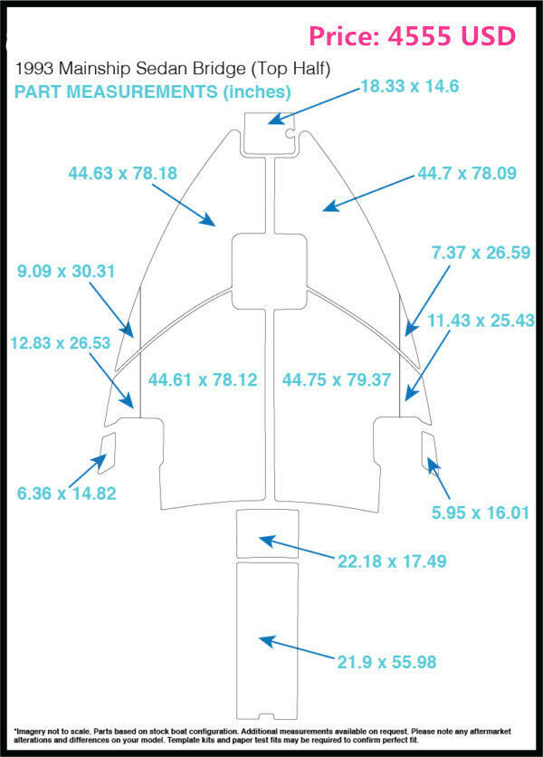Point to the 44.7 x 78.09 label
[x=467, y=173]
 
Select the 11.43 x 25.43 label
[x=481, y=321]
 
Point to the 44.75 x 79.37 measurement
[x=338, y=379]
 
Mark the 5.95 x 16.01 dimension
[x=479, y=513]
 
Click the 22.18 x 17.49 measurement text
[x=392, y=561]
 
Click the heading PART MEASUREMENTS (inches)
[x=152, y=91]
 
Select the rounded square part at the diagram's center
[x=268, y=269]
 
